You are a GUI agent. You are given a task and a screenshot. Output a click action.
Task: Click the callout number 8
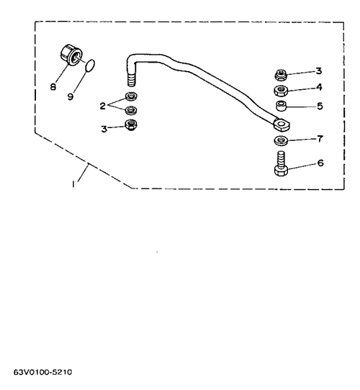tap(53, 87)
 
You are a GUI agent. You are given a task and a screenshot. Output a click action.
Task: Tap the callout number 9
tap(71, 96)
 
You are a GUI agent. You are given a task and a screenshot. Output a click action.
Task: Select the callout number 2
tap(103, 106)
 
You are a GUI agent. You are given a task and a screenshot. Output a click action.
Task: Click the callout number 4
tap(319, 87)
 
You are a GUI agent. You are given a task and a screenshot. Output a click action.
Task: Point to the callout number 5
tap(320, 106)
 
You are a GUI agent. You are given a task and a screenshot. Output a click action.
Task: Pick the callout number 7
tap(320, 139)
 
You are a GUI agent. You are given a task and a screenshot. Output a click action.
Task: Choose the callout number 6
tap(320, 163)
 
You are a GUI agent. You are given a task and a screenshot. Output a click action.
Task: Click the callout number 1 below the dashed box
tap(73, 184)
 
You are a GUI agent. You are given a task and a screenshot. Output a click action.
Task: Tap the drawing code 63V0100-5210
tap(42, 372)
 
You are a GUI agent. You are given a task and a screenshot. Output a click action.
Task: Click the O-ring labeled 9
tap(90, 65)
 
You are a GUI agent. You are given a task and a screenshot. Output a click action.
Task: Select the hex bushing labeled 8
tap(71, 55)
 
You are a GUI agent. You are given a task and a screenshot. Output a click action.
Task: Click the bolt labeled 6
tap(282, 163)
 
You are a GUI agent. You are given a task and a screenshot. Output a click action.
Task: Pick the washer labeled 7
tap(281, 141)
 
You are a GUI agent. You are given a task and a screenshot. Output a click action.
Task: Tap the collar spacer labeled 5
tap(281, 106)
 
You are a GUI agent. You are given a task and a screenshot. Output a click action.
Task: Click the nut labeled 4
tap(281, 91)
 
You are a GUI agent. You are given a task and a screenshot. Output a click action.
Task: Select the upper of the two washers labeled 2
tap(131, 96)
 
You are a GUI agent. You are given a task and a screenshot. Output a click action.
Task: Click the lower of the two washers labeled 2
tap(131, 110)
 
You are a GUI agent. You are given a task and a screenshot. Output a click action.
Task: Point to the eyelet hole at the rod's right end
tap(282, 124)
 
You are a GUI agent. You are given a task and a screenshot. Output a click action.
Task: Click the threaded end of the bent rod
tap(131, 79)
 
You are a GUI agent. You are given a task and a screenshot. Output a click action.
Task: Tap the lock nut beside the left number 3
tap(131, 125)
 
